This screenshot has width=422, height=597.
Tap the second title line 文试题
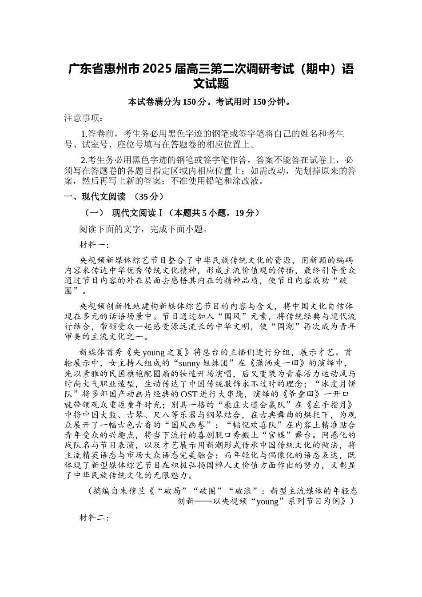point(211,84)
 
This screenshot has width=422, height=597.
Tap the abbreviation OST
point(186,394)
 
